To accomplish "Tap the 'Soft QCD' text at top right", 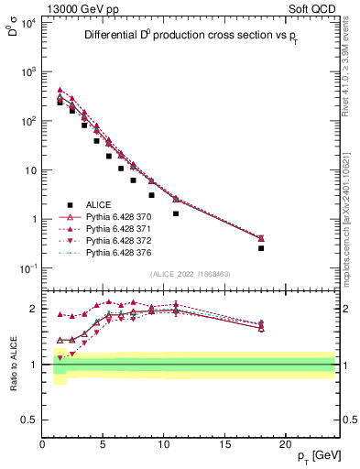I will (x=314, y=8).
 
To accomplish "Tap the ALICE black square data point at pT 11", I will (x=176, y=213).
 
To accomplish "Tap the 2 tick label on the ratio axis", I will (x=34, y=309).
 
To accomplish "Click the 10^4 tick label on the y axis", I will (x=28, y=22).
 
